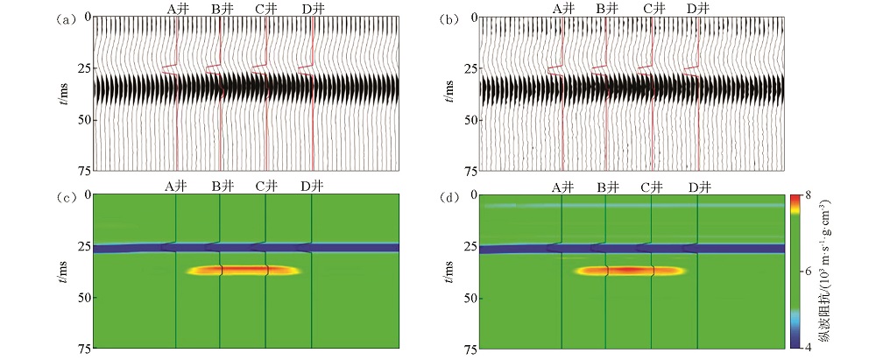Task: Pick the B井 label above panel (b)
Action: click(607, 8)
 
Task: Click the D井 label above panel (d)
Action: click(699, 187)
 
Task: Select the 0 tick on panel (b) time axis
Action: click(474, 18)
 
